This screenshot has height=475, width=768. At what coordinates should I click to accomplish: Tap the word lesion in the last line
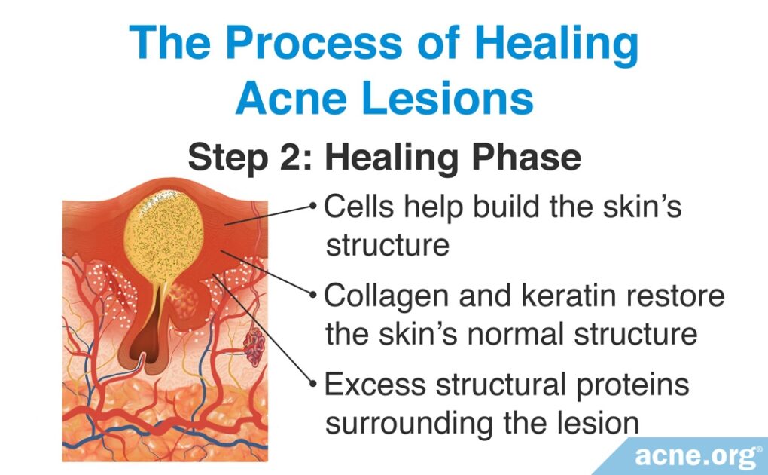click(x=599, y=424)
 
